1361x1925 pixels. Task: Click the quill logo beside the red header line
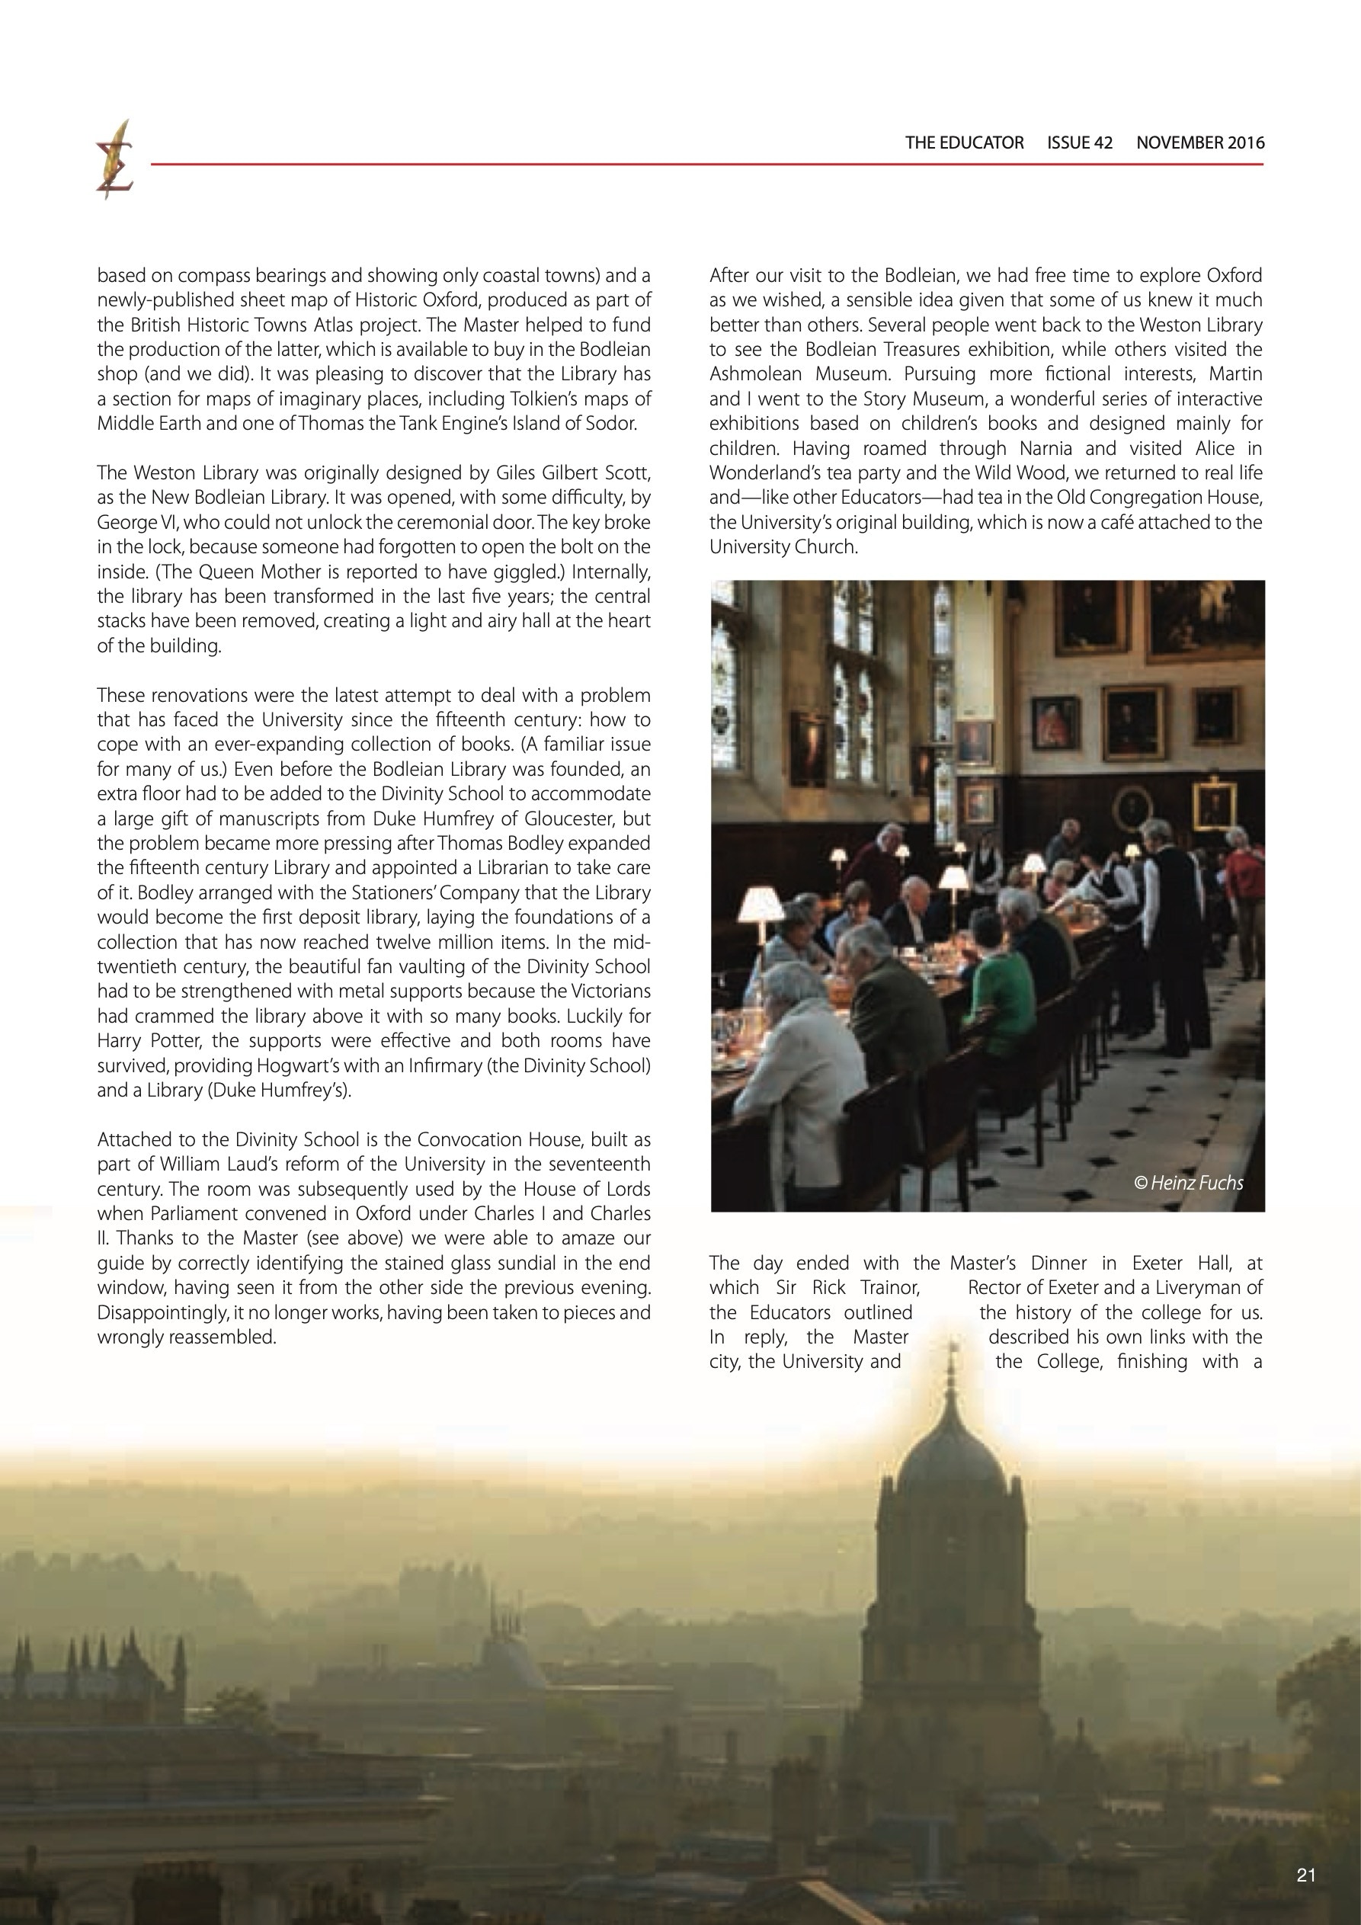pos(114,159)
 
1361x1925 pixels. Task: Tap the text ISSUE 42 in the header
pos(1079,143)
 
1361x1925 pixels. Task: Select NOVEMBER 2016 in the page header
pos(1200,143)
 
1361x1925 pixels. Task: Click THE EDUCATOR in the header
pos(963,143)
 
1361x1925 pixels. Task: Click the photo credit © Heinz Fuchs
pos(1188,1183)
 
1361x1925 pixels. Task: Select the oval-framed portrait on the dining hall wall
pos(1132,807)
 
